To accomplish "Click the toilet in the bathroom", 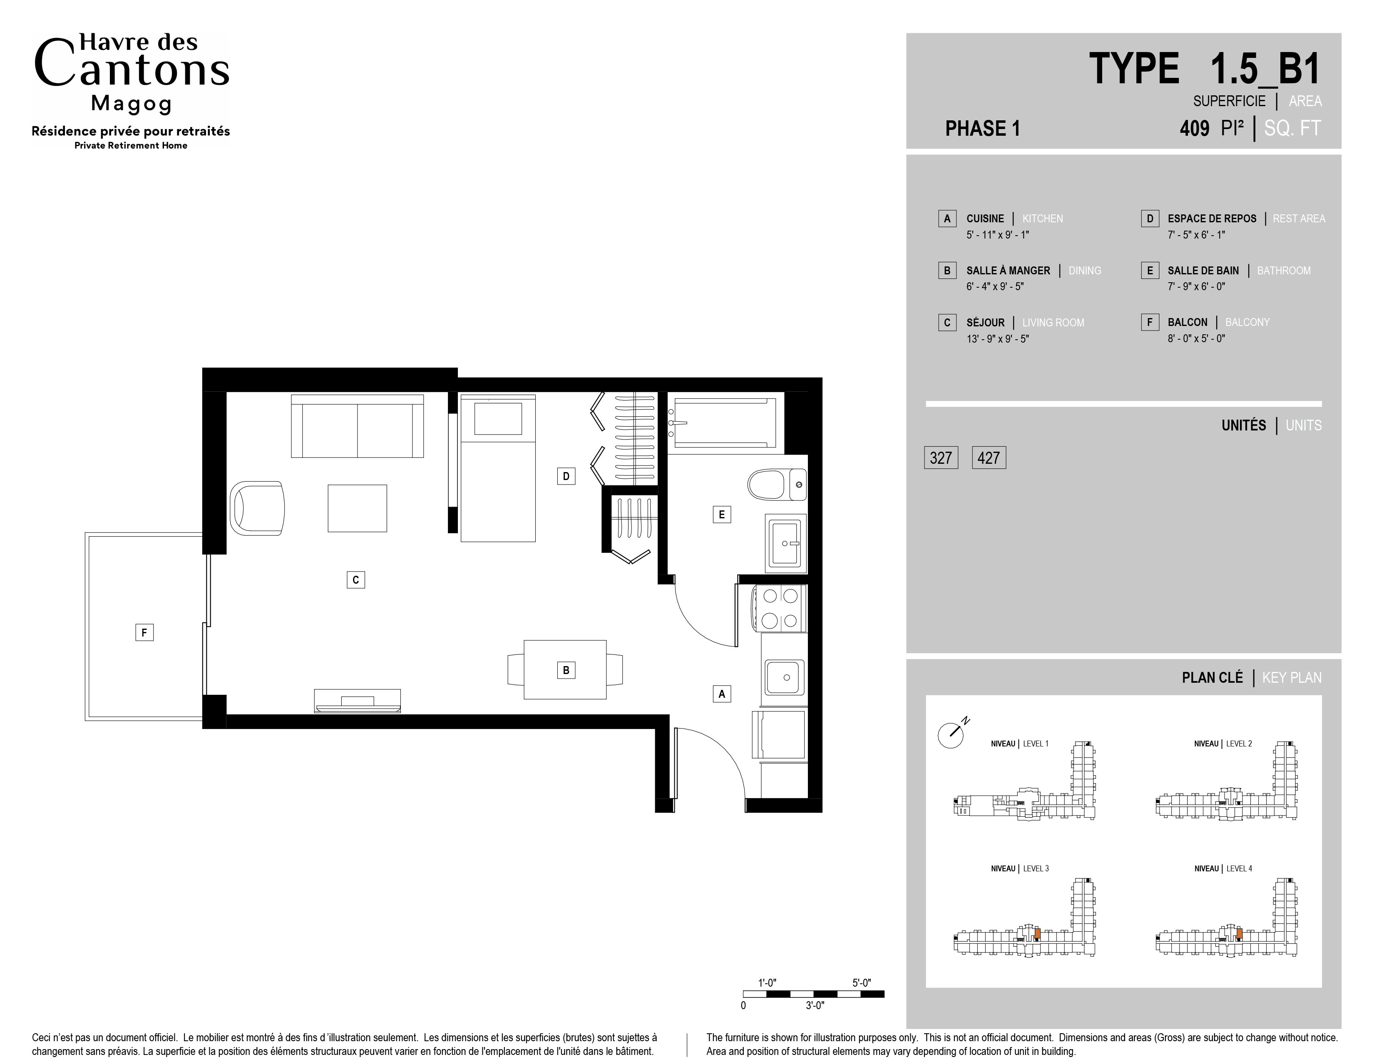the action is tap(776, 485).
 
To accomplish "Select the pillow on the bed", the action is tap(498, 419).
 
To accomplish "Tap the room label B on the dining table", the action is tap(566, 670).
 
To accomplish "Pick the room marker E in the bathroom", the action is tap(722, 515).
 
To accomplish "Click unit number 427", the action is tap(989, 458).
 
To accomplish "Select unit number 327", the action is tap(941, 458).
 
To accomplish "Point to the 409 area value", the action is tap(1194, 128).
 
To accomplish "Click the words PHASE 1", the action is tap(983, 128).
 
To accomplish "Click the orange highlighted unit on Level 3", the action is tap(1037, 934).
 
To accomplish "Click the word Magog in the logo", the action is tap(132, 104).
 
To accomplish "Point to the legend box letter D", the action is tap(1150, 218).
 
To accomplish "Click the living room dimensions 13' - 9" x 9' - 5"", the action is tap(998, 338).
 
